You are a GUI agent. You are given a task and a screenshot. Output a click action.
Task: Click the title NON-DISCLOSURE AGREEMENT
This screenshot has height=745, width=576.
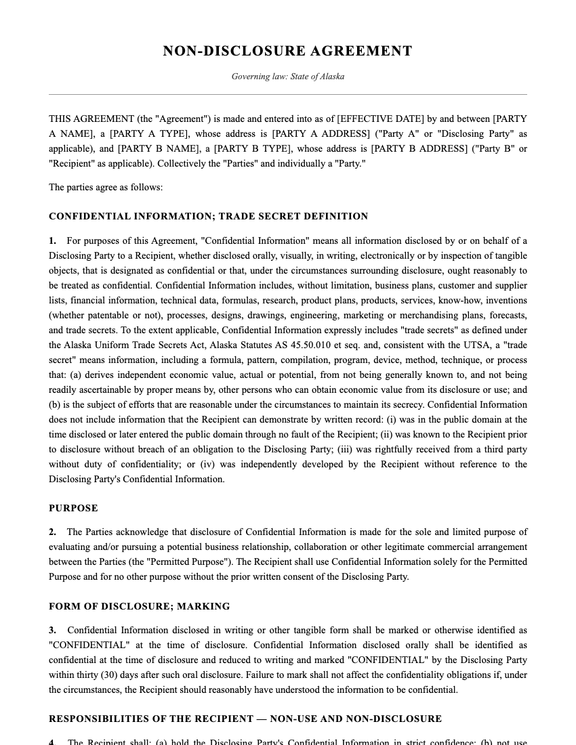click(287, 51)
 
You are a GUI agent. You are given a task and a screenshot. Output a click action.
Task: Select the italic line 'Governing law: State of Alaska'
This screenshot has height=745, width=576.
click(287, 77)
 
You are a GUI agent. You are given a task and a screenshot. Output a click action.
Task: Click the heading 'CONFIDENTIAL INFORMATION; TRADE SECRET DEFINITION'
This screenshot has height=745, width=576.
click(208, 217)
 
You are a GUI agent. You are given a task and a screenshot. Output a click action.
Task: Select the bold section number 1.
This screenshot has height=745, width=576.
click(52, 240)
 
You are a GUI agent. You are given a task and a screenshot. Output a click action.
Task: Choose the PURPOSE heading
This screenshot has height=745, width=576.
click(73, 508)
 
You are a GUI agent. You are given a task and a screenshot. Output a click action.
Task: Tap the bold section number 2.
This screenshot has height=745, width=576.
click(52, 532)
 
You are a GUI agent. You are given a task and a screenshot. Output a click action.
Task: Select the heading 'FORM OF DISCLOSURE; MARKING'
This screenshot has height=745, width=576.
click(139, 606)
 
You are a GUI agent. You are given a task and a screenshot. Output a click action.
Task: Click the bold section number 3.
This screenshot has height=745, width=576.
click(52, 630)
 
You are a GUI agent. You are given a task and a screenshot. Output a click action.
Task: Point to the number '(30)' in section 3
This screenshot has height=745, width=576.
click(111, 675)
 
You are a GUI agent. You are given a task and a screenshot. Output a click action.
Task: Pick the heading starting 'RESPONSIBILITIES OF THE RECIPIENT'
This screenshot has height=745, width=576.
click(245, 719)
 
